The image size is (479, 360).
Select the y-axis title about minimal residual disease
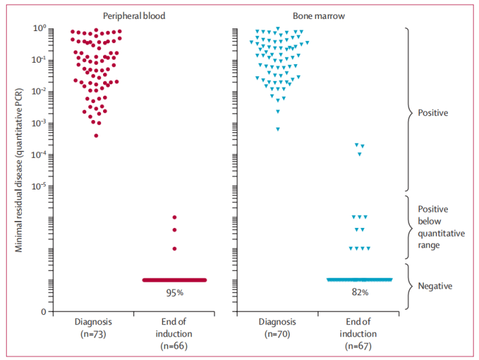tap(20, 169)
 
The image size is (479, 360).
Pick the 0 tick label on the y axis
tap(42, 311)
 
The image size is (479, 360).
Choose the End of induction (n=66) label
tap(174, 334)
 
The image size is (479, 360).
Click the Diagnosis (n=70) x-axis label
tap(278, 328)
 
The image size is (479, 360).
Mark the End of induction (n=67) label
tap(359, 334)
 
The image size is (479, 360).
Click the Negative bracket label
tap(435, 286)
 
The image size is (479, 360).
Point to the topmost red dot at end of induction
tap(174, 217)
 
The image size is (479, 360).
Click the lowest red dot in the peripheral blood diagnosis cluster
tap(96, 136)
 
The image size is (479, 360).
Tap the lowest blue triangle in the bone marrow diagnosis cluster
tap(278, 129)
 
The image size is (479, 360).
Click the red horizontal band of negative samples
tap(174, 280)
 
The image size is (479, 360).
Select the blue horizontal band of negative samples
tap(359, 279)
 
